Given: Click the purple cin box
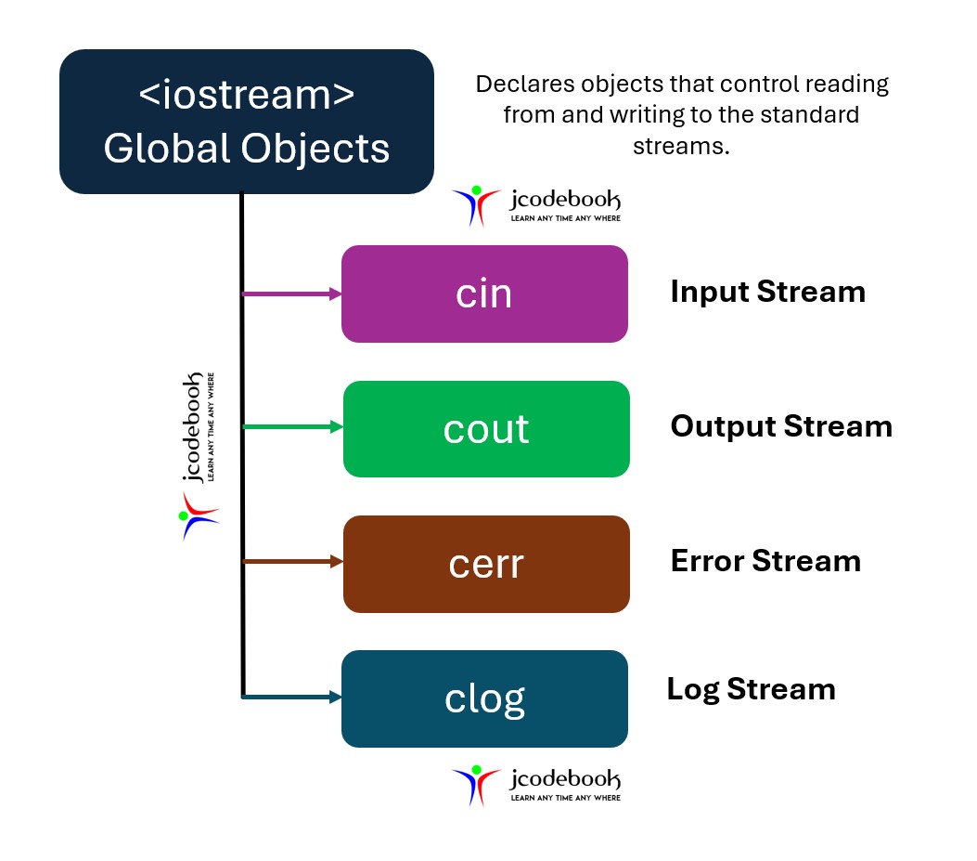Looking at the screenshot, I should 484,294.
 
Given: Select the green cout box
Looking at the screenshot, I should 486,428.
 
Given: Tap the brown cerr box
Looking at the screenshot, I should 486,564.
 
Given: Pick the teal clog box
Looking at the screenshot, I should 484,698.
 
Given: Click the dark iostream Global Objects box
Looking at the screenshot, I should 247,122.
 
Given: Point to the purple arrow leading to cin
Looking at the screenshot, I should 291,294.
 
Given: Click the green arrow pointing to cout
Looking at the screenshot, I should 292,427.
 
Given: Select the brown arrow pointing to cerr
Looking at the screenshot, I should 292,561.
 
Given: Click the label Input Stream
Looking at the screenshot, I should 767,292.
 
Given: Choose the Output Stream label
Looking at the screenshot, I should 781,426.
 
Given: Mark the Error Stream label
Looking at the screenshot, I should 765,561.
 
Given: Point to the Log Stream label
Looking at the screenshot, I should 751,689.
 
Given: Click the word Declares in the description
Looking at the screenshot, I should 520,85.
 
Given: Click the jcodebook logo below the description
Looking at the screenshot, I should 536,205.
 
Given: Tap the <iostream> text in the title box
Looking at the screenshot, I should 247,95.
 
